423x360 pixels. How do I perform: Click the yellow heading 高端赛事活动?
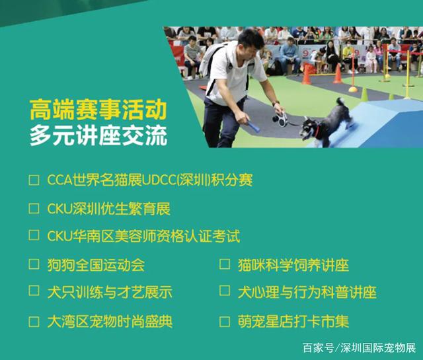98,110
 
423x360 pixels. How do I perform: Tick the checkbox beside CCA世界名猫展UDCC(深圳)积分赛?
34,180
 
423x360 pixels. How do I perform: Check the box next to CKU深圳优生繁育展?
34,209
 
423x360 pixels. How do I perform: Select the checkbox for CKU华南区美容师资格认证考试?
34,235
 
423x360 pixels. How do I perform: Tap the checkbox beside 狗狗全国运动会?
34,264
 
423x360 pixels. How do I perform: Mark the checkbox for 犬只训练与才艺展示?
34,291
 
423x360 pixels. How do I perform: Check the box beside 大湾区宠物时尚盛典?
34,322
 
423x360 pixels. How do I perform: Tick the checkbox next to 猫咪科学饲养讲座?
225,264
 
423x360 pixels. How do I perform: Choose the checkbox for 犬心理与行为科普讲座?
225,291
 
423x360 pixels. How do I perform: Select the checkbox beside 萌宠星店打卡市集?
225,322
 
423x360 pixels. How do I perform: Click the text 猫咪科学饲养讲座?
293,266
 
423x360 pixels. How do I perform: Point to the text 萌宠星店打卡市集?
293,321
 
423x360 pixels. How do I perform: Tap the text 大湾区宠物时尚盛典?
110,321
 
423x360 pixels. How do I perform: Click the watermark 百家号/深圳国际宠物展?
360,348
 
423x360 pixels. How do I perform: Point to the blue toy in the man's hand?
254,127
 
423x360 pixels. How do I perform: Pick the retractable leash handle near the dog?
280,119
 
